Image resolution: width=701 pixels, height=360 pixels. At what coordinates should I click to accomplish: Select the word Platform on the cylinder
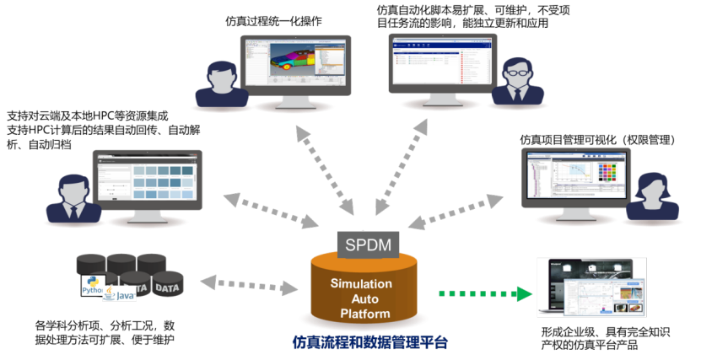[365, 314]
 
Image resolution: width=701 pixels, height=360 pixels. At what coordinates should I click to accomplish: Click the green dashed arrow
[485, 294]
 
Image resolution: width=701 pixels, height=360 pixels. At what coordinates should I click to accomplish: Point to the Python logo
[92, 285]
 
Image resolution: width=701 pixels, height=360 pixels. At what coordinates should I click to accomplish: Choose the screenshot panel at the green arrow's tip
[591, 287]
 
